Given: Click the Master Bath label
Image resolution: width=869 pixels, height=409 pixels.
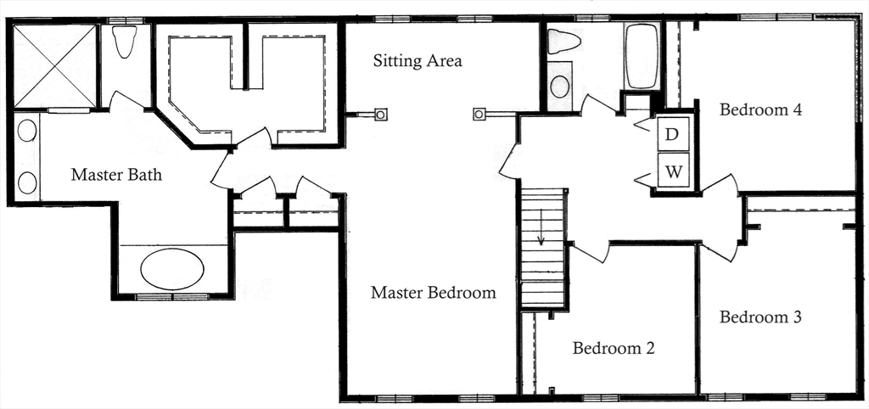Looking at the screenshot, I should pyautogui.click(x=116, y=176).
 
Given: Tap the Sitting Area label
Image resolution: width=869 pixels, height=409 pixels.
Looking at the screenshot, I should pyautogui.click(x=418, y=61).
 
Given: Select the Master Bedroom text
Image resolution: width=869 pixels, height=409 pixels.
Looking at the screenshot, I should pyautogui.click(x=433, y=293).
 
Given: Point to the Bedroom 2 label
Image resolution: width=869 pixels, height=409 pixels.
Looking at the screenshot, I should pyautogui.click(x=613, y=348).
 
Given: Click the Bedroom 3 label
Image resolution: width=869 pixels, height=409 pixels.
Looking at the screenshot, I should pyautogui.click(x=760, y=317).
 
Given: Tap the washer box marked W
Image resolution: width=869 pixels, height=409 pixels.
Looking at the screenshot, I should pyautogui.click(x=674, y=172).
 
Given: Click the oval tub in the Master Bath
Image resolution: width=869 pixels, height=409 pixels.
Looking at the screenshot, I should pyautogui.click(x=171, y=270).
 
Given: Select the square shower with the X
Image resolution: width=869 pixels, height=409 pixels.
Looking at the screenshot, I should pyautogui.click(x=55, y=66).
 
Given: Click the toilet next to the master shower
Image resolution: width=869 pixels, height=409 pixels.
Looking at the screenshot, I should pyautogui.click(x=125, y=42).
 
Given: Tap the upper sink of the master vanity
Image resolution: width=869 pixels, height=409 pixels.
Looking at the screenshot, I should pyautogui.click(x=27, y=131).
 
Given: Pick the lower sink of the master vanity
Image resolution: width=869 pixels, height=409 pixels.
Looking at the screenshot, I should pyautogui.click(x=27, y=182).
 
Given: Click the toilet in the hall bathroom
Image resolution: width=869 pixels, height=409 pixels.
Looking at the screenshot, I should pyautogui.click(x=563, y=41).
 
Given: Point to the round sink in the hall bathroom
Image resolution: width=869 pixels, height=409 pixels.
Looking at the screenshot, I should pyautogui.click(x=560, y=86).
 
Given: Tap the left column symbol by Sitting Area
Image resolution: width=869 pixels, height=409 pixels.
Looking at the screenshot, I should pyautogui.click(x=381, y=114).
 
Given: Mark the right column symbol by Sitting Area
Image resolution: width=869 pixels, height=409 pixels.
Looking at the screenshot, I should pyautogui.click(x=479, y=114).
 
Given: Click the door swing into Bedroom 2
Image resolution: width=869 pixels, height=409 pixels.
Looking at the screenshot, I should pyautogui.click(x=591, y=252).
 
